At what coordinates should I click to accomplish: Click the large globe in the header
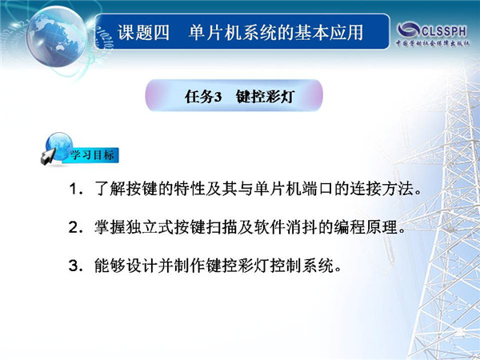pyautogui.click(x=57, y=37)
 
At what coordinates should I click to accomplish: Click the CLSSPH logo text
pyautogui.click(x=444, y=31)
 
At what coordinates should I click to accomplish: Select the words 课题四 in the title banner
pyautogui.click(x=143, y=33)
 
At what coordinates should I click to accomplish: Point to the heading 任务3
pyautogui.click(x=203, y=97)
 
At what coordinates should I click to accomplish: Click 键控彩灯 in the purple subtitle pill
pyautogui.click(x=265, y=97)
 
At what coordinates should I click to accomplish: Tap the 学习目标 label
pyautogui.click(x=93, y=155)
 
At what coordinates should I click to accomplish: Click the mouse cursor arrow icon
pyautogui.click(x=47, y=157)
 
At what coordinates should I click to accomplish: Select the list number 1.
pyautogui.click(x=75, y=189)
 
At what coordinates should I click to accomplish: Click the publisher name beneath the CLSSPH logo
pyautogui.click(x=433, y=43)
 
